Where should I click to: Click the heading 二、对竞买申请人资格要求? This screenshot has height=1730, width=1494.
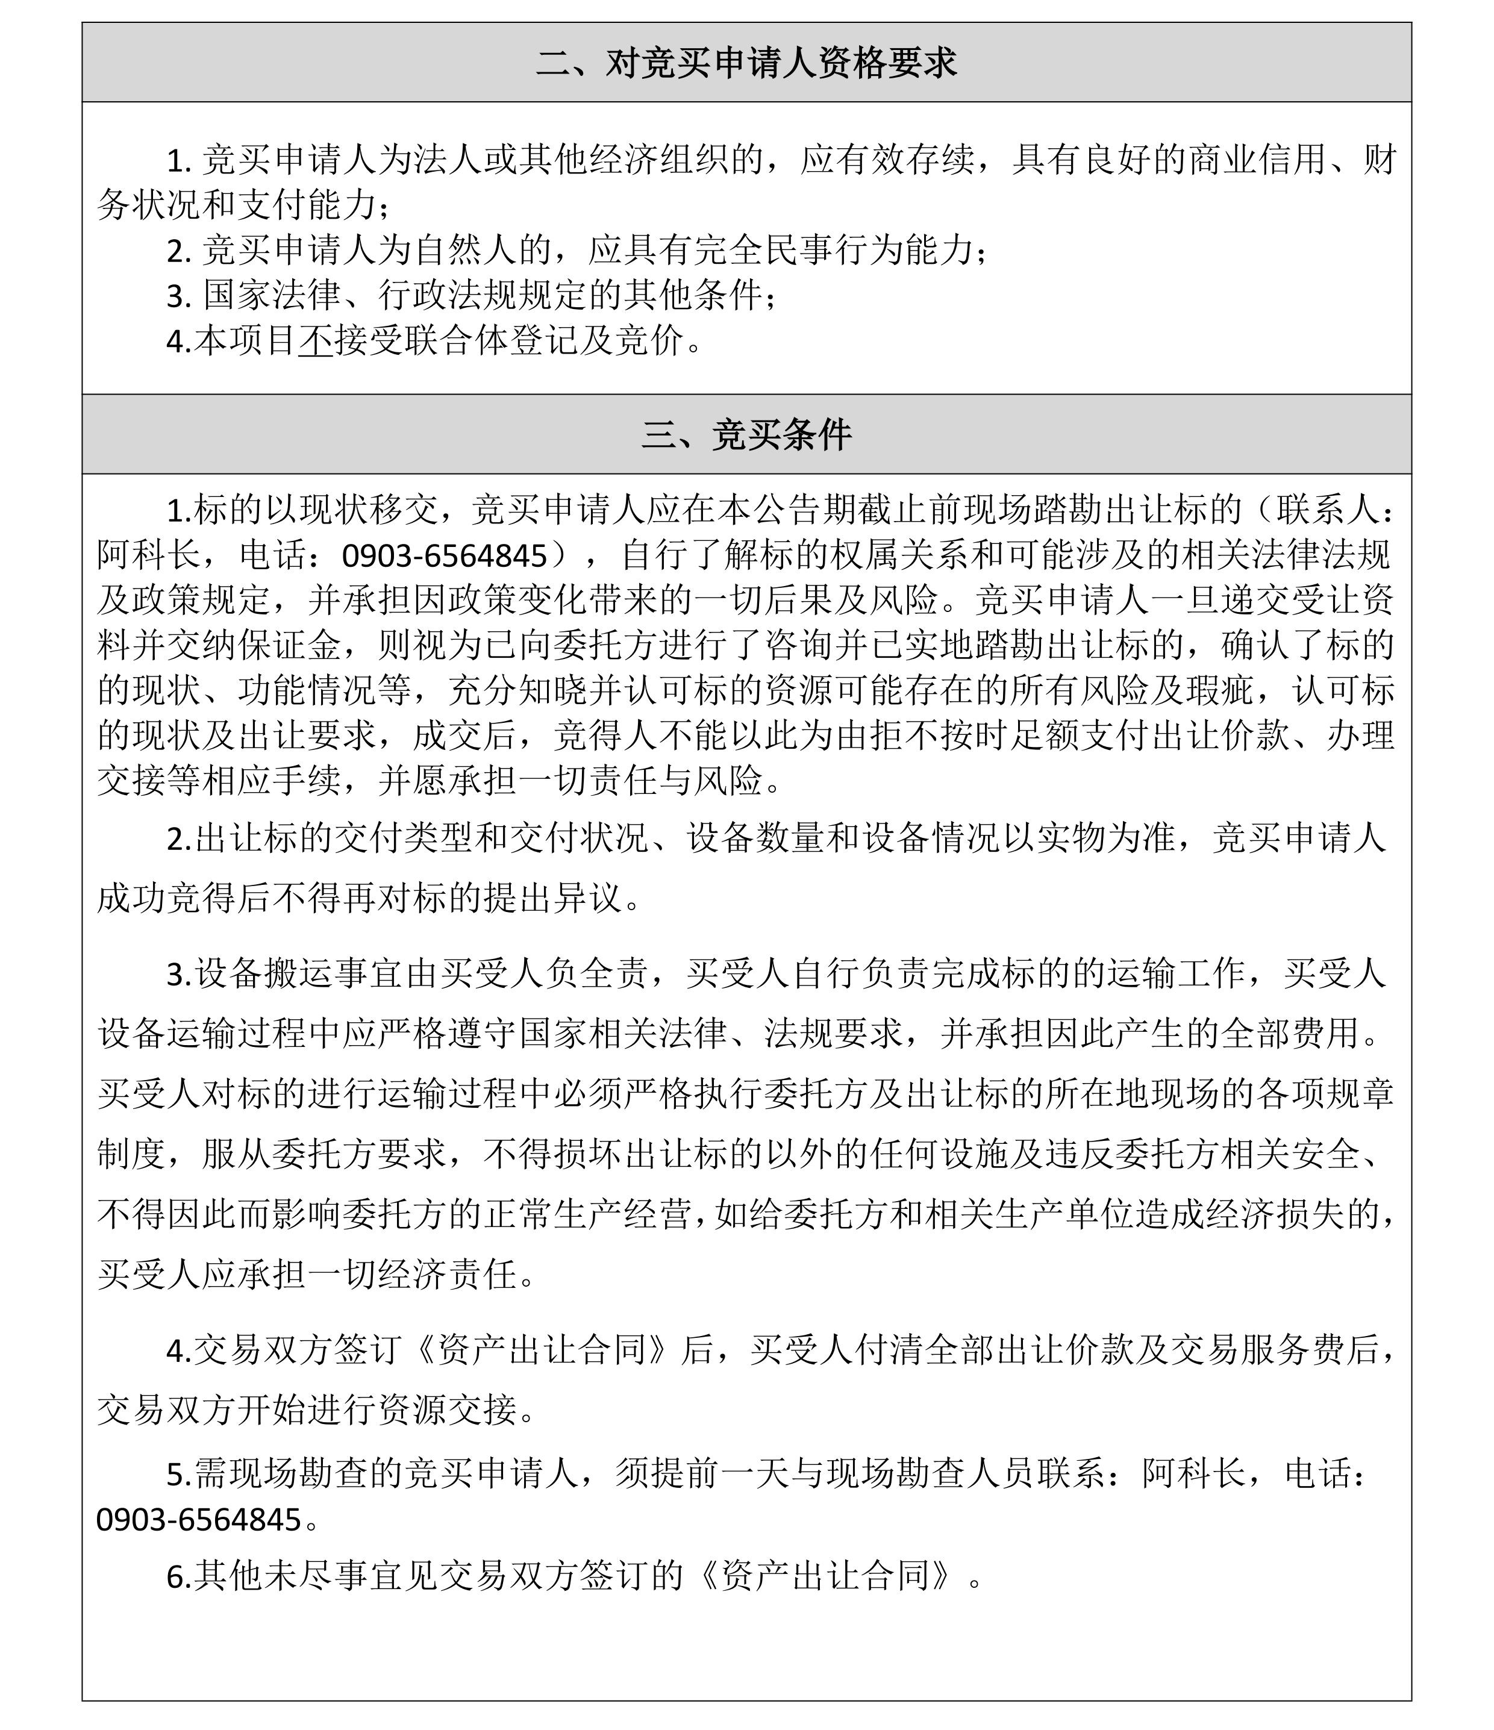click(746, 63)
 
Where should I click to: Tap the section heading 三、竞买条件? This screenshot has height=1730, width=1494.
click(746, 435)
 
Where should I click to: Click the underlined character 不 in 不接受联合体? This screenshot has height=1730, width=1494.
click(316, 341)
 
